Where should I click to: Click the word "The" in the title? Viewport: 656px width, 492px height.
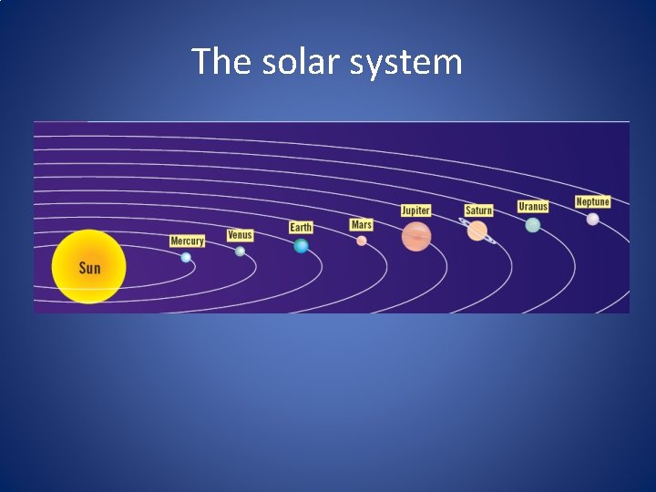216,62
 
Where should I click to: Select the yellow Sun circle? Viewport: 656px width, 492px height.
88,267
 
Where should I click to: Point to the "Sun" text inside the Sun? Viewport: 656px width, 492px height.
89,268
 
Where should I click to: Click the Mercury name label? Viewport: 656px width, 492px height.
187,241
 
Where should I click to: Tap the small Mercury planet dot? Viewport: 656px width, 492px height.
186,258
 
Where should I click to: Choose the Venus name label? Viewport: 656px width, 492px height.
240,235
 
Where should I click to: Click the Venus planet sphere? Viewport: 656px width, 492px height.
240,251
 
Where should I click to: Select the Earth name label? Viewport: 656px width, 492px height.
301,227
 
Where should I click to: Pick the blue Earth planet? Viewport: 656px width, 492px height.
301,246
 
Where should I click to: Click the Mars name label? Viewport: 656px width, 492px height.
362,224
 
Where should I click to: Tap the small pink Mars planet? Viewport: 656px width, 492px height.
362,241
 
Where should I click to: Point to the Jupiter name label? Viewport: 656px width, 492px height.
415,210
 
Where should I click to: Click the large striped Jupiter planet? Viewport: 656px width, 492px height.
416,236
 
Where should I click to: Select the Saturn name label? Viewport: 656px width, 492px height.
478,210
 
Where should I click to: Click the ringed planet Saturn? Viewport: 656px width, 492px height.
477,231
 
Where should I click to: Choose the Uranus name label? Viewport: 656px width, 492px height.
533,207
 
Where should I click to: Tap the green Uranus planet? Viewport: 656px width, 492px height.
533,225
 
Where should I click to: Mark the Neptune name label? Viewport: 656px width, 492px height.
592,201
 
